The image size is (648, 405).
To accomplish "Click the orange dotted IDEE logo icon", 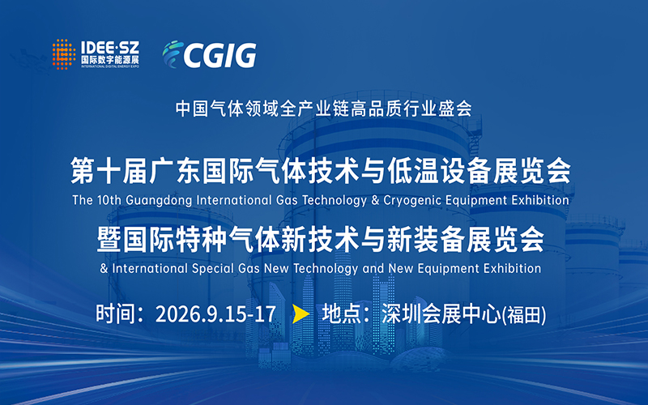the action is pos(64,54).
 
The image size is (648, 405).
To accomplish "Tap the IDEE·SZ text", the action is pos(110,47).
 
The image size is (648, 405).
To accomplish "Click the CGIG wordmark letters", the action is pos(220,55).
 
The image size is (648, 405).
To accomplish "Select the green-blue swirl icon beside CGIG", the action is pos(173,53).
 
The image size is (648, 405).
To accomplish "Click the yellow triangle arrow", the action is pos(301,313).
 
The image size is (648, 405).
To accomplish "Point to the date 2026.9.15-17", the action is pos(215,314).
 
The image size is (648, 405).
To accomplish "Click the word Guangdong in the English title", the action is pos(159,200).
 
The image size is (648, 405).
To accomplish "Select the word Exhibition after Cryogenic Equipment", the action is pos(540,200).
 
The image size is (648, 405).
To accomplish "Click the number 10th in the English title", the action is pos(109,200).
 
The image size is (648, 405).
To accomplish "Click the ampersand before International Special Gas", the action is pos(104,269).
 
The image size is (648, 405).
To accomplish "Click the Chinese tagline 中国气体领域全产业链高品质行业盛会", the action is pos(323,109).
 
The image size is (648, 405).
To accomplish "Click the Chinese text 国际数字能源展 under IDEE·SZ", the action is pos(110,59).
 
